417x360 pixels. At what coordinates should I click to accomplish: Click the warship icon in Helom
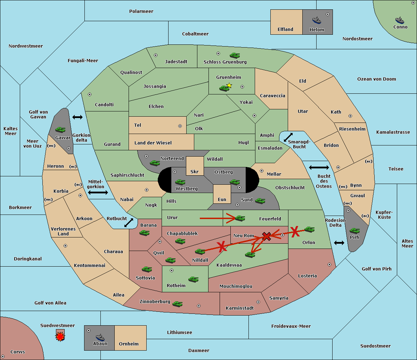coord(317,20)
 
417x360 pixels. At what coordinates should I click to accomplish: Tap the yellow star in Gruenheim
coord(229,85)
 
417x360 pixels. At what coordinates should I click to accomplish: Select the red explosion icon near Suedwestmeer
coord(60,337)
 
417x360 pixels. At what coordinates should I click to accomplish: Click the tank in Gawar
coord(60,129)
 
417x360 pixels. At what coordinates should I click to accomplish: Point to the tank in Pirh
coord(354,231)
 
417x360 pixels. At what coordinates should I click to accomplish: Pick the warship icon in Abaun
coord(100,337)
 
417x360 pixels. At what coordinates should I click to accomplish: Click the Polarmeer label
coord(141,11)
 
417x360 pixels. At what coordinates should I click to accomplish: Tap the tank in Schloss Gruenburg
coord(235,55)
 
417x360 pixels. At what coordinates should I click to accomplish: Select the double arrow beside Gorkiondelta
coord(77,117)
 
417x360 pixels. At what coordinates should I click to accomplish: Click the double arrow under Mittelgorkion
coord(98,192)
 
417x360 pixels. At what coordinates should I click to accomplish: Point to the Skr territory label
coord(195,171)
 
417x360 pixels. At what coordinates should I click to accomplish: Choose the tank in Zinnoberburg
coord(178,304)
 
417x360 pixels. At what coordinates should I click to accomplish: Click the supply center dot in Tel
coord(180,126)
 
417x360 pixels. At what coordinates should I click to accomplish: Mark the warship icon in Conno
coord(400,20)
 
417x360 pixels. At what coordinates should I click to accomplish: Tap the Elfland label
coord(285,30)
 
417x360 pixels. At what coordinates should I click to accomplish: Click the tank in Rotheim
coord(194,279)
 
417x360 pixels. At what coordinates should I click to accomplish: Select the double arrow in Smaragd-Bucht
coord(288,137)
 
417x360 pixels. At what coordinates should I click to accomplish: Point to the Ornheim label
coord(129,344)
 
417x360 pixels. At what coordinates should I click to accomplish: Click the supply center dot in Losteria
coord(329,265)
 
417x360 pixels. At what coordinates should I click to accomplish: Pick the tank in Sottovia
coord(147,269)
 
